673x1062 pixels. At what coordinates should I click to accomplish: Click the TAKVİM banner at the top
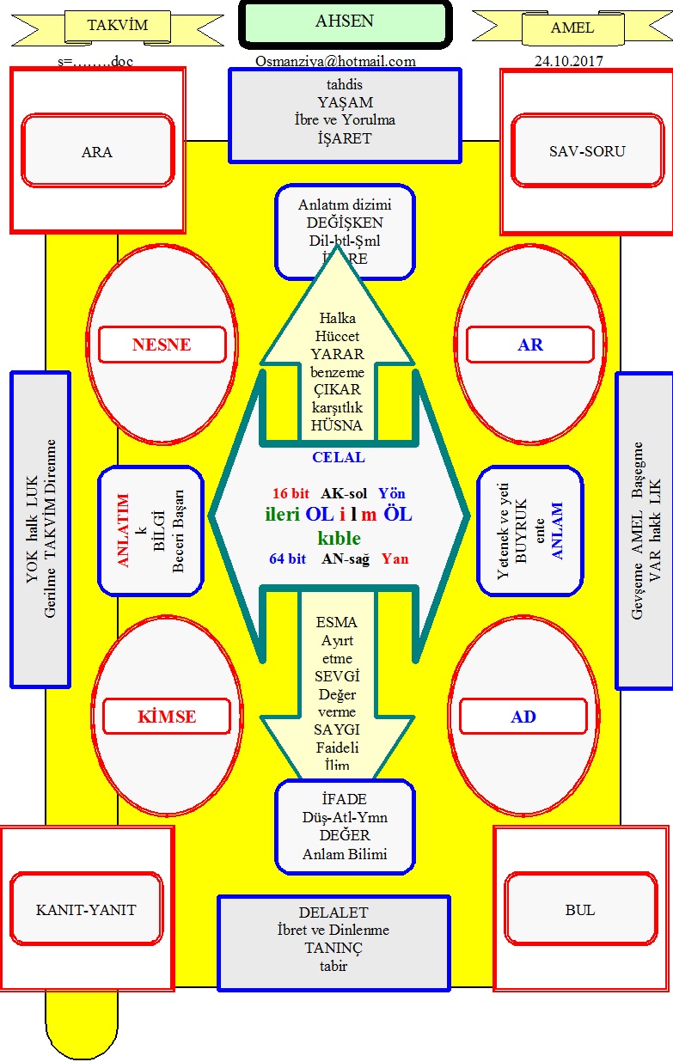[x=118, y=26]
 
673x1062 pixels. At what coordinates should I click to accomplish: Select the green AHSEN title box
[x=345, y=23]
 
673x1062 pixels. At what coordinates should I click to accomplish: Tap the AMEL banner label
[x=572, y=27]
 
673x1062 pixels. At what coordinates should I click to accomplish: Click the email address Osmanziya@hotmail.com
[x=335, y=61]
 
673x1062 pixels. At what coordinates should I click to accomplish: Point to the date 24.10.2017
[x=568, y=61]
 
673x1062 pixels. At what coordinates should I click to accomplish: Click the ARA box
[x=97, y=152]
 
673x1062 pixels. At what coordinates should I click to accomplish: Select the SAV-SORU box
[x=587, y=151]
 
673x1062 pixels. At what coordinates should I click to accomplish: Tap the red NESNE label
[x=162, y=345]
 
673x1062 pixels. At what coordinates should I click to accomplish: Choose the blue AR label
[x=530, y=345]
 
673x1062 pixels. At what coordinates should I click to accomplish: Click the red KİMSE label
[x=167, y=717]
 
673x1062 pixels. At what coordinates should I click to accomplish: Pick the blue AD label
[x=523, y=717]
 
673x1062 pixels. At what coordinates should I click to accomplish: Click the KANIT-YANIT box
[x=86, y=910]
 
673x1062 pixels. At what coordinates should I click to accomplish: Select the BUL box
[x=580, y=910]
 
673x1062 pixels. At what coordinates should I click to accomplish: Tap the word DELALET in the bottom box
[x=333, y=912]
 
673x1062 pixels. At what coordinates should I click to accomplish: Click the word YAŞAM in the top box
[x=344, y=102]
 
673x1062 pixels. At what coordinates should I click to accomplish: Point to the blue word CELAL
[x=338, y=457]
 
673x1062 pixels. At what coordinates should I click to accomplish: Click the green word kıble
[x=339, y=539]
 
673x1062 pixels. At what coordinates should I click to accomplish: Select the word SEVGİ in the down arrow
[x=337, y=677]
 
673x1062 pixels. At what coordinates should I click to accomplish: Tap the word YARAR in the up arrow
[x=338, y=354]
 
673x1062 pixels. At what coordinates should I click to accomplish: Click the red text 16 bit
[x=290, y=494]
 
